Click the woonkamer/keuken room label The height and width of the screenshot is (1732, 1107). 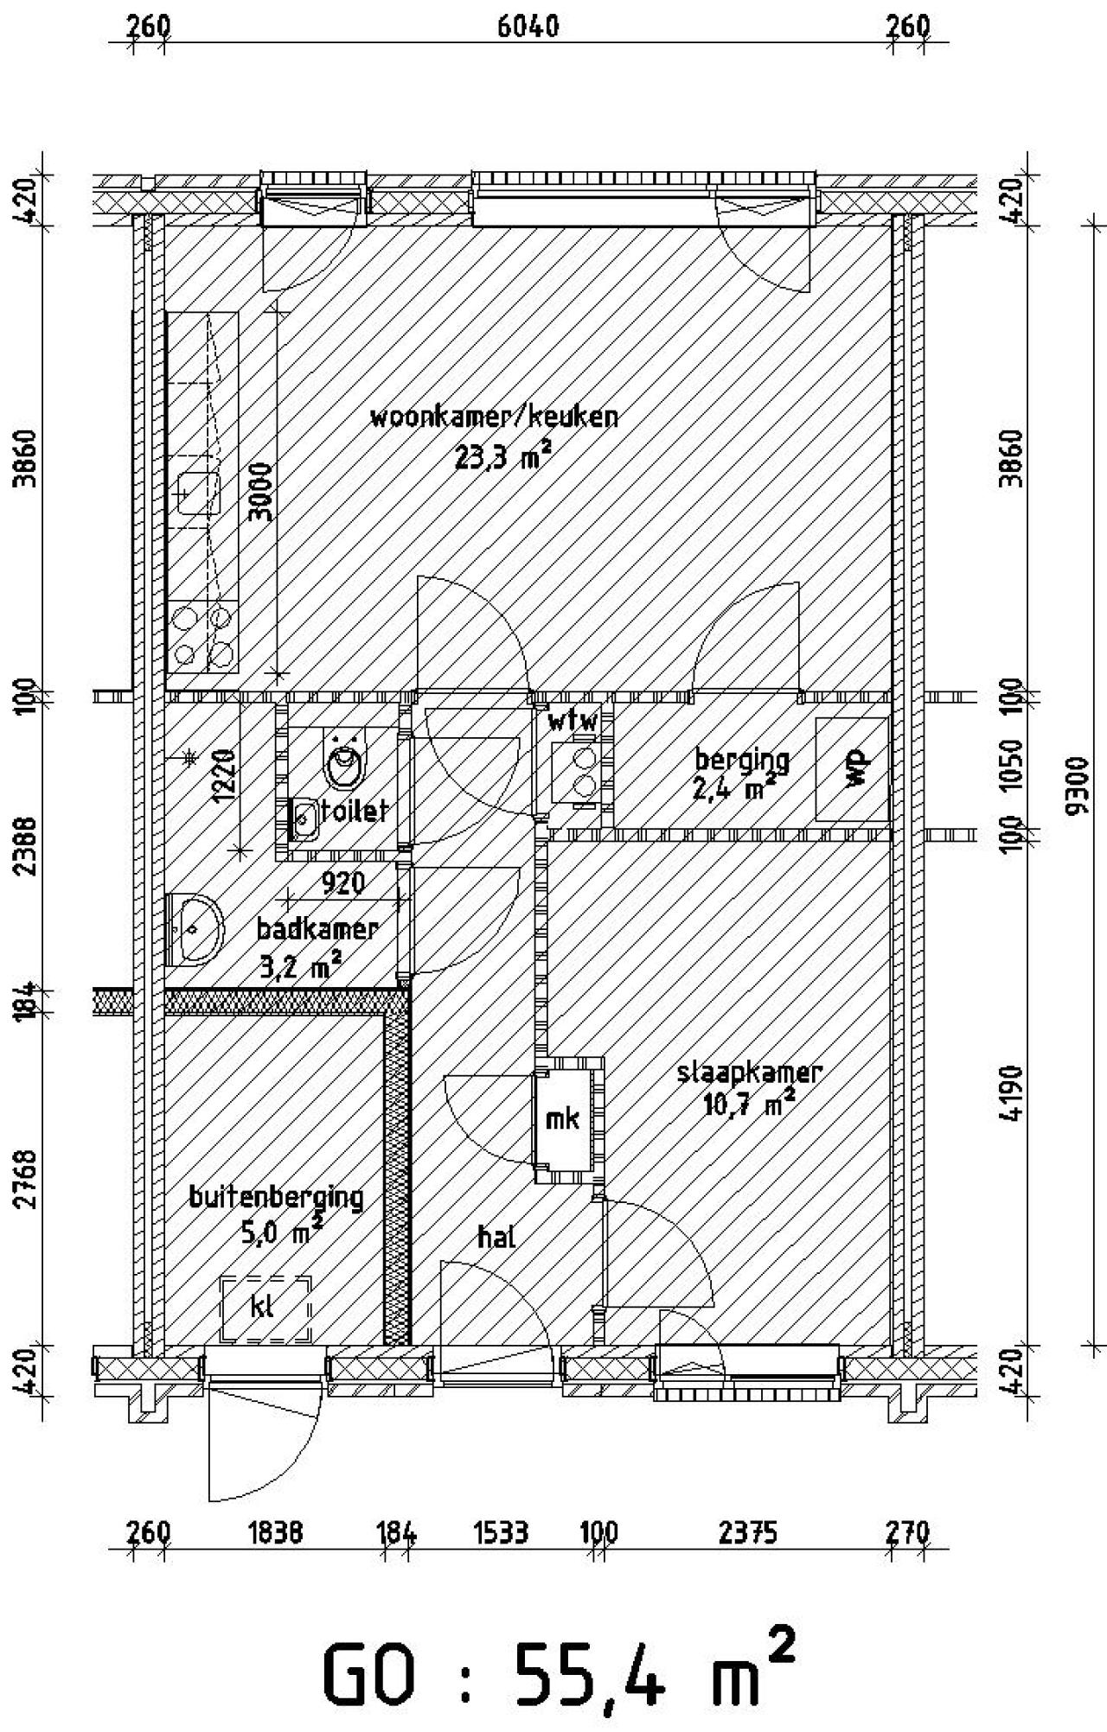tap(494, 417)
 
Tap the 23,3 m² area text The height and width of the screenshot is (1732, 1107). tap(502, 456)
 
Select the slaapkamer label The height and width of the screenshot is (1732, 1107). tap(749, 1073)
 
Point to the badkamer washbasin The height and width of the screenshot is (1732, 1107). tap(196, 928)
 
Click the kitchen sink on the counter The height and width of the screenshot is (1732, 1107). tap(200, 493)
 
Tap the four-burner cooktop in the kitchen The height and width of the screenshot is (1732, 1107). tap(203, 636)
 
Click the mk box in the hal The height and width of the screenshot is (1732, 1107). tap(564, 1119)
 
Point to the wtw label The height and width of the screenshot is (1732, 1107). tap(573, 720)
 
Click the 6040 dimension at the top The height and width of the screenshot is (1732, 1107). tap(528, 26)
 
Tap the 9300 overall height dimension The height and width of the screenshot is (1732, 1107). tap(1077, 786)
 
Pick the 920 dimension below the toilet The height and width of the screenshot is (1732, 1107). tap(342, 882)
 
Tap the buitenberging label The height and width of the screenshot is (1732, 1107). tap(276, 1197)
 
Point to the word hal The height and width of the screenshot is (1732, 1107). tap(496, 1237)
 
